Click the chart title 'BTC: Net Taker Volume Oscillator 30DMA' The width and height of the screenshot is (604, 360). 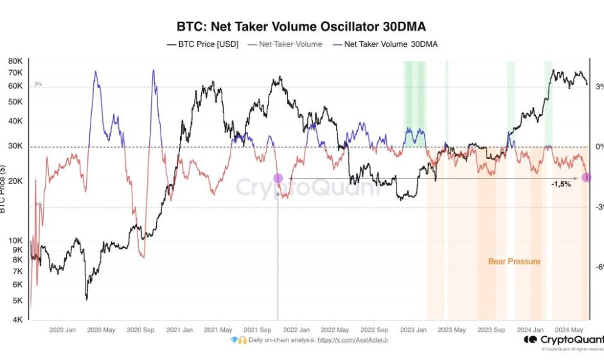[301, 27]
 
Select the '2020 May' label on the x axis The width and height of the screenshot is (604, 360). [101, 329]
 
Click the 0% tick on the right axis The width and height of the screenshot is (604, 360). [598, 147]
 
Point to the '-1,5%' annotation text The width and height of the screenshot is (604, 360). [561, 184]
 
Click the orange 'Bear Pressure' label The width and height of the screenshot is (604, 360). [514, 262]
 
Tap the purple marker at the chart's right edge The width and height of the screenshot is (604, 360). [587, 177]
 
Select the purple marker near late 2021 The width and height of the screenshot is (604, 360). [278, 178]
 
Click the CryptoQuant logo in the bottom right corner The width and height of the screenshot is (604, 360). [562, 339]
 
